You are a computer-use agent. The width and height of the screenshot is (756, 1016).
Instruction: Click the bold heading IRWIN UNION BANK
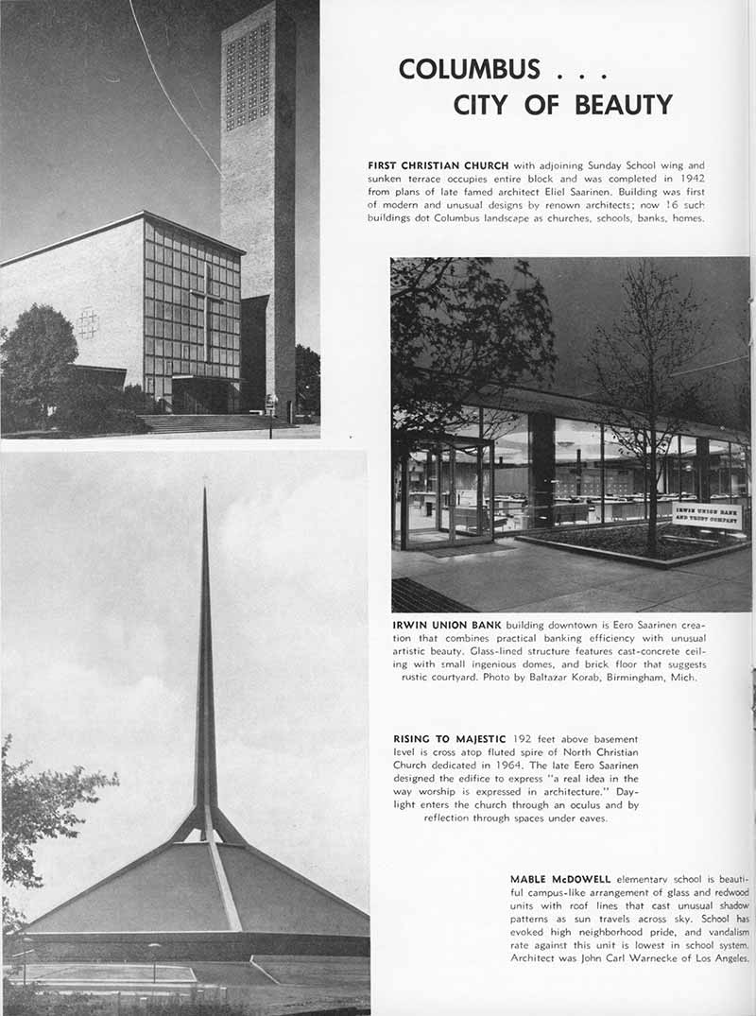(447, 626)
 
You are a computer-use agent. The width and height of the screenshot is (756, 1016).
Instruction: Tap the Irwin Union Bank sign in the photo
(706, 514)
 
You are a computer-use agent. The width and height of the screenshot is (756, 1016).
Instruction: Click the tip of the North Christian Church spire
(204, 491)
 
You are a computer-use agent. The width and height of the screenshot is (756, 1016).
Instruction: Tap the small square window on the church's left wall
(88, 323)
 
